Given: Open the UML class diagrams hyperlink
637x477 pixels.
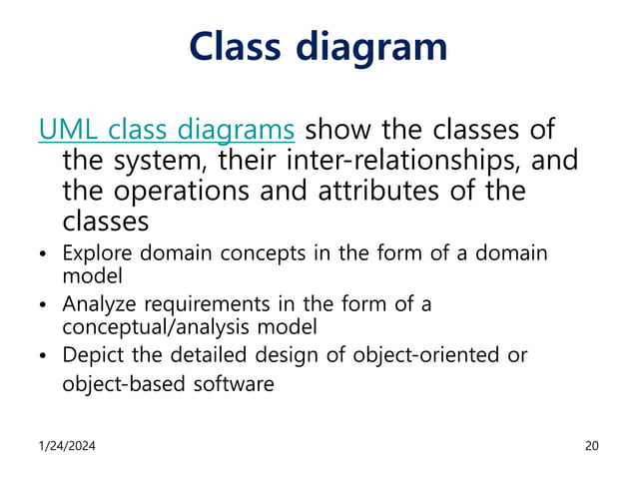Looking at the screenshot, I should [166, 130].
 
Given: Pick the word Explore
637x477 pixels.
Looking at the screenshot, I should [99, 252].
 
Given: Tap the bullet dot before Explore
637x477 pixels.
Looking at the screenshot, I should [43, 254].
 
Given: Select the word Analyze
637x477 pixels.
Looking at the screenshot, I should [100, 304].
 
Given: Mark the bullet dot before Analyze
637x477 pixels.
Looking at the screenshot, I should [43, 305].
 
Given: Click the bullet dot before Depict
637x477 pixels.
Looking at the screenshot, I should [43, 357].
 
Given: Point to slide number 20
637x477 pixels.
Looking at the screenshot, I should [591, 445].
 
